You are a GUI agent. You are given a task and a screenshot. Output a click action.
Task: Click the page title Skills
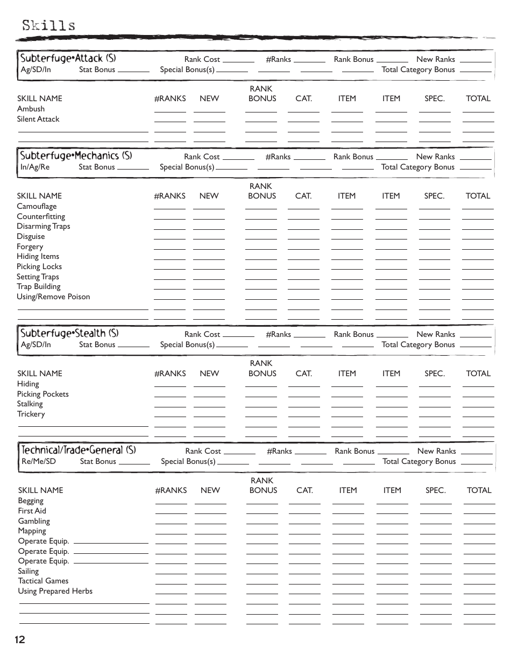(x=48, y=25)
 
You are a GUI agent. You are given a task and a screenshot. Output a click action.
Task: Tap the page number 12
(x=20, y=639)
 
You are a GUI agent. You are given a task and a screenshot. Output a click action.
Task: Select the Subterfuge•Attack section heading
(x=68, y=58)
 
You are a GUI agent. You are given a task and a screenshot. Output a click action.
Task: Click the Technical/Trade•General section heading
(x=79, y=450)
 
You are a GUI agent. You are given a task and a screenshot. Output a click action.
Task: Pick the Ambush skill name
(x=31, y=109)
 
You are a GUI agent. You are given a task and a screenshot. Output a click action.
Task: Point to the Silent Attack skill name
(x=38, y=119)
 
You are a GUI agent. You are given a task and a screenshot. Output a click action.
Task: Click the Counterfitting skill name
(x=40, y=216)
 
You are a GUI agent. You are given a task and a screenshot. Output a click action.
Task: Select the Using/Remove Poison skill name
(x=53, y=297)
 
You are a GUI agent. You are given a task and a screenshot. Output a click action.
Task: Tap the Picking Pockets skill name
(x=42, y=394)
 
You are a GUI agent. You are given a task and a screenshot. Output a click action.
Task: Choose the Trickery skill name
(x=31, y=414)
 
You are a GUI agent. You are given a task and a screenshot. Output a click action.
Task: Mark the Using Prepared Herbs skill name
(x=55, y=591)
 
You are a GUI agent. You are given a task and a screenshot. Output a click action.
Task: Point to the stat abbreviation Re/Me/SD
(x=38, y=461)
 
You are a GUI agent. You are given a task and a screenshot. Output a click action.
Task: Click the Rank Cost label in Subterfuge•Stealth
(x=202, y=334)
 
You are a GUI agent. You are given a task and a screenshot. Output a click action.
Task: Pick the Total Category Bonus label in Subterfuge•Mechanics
(x=418, y=167)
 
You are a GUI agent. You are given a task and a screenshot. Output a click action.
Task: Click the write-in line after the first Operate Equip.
(x=110, y=543)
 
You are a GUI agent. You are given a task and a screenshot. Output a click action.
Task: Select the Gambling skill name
(x=33, y=521)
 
